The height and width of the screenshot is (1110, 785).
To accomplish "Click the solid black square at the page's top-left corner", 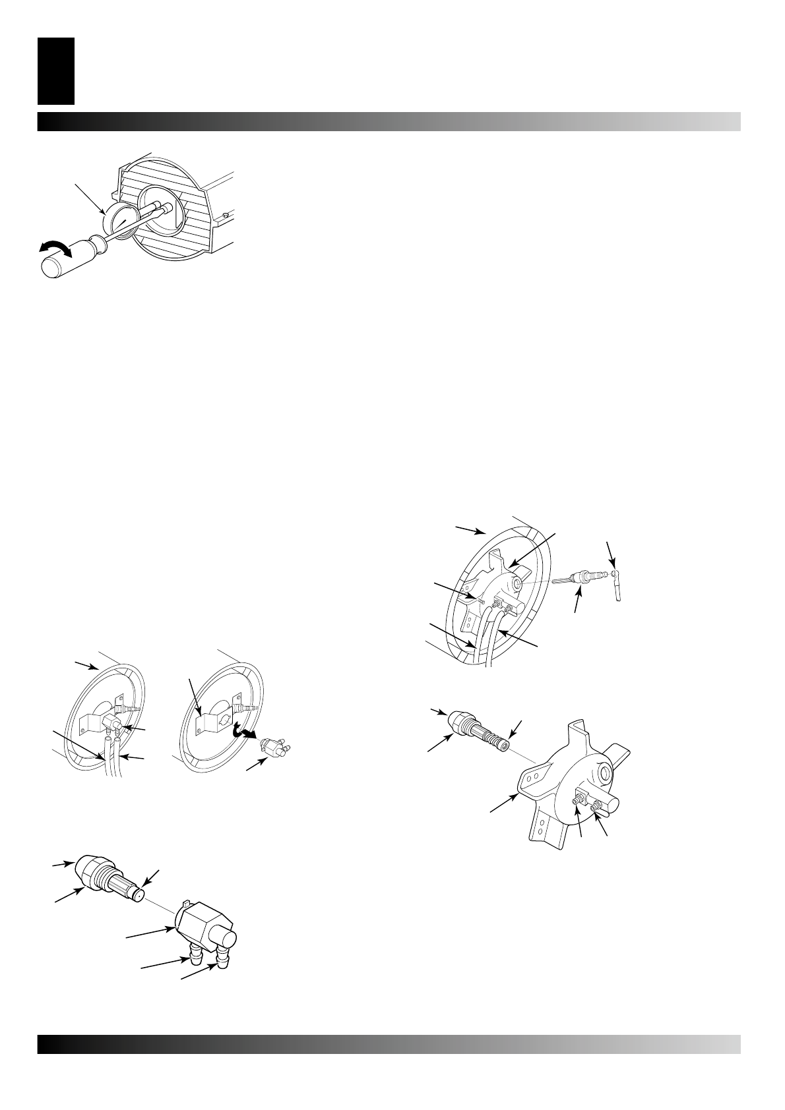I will (x=56, y=71).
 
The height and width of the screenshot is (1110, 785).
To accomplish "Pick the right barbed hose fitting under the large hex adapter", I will (x=225, y=952).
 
